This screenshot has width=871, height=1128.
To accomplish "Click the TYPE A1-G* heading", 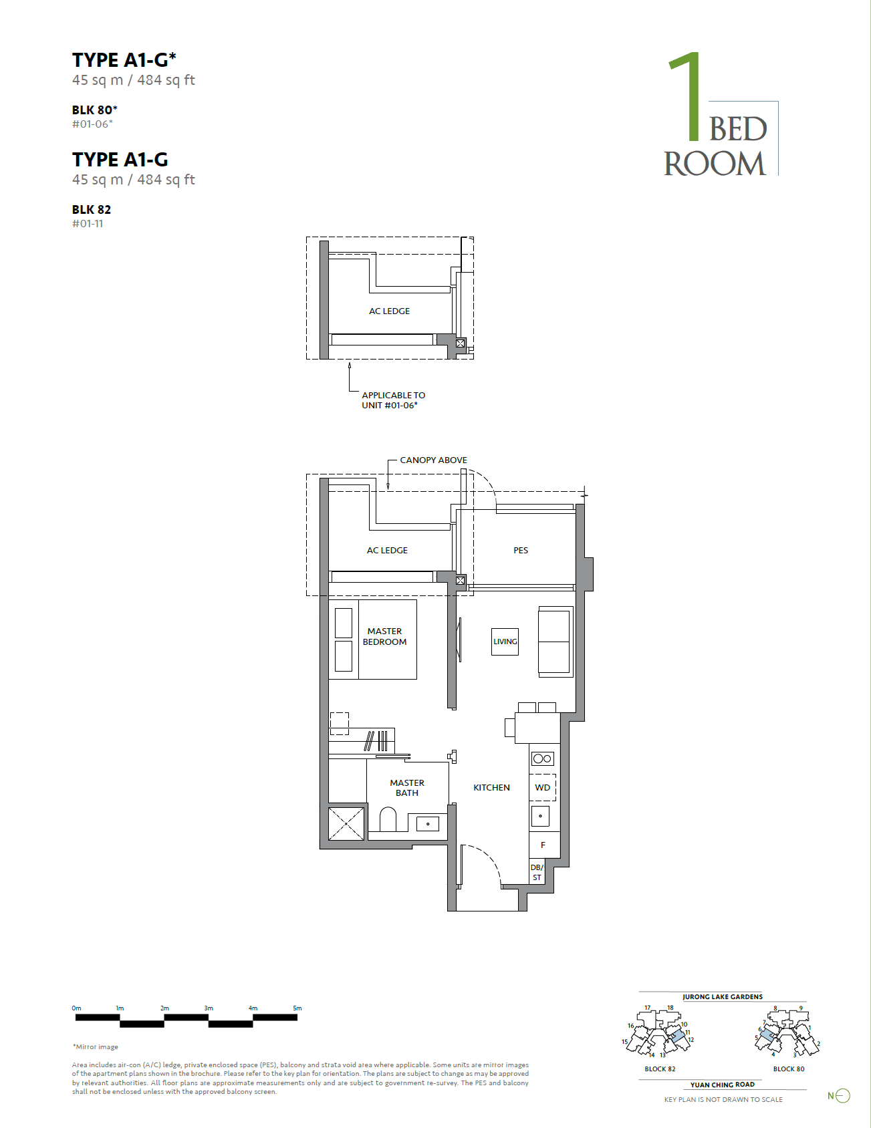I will point(124,60).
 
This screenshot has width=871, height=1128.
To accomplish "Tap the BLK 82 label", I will point(92,209).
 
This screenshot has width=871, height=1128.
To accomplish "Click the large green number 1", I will point(687,98).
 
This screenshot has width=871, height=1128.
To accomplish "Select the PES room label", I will point(521,550).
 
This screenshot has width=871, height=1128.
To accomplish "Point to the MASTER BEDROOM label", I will point(384,636).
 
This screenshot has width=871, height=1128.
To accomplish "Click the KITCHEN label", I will point(491,787).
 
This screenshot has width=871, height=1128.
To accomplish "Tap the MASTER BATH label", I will point(406,787).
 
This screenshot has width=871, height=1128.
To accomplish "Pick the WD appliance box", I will point(543,787).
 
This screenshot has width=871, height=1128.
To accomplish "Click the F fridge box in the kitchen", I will point(543,845).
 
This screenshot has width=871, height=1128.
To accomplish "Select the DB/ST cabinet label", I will point(537,872).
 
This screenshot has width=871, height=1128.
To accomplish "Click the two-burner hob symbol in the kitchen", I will point(543,758).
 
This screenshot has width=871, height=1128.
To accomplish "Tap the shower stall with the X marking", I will point(346,823).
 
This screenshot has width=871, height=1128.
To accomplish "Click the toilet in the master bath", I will point(388,820).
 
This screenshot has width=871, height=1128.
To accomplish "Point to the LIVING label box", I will point(505,642).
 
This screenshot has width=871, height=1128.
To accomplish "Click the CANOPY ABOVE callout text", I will point(433,460).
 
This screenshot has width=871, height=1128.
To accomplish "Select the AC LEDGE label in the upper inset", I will point(389,311).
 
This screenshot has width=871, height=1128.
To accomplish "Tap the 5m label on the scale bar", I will point(297,1008).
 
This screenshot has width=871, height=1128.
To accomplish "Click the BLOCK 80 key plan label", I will point(789,1069).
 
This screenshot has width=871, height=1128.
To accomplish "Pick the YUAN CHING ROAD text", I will point(722,1085).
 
